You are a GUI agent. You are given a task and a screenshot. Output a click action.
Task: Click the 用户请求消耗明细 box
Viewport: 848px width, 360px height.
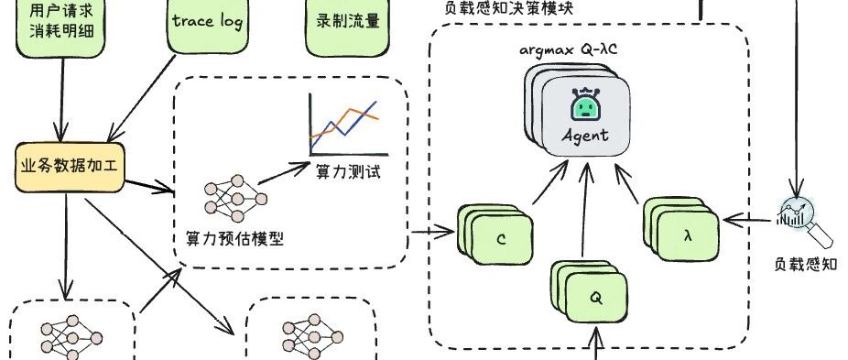point(60,27)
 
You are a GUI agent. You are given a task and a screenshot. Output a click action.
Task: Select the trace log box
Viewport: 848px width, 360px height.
point(207,25)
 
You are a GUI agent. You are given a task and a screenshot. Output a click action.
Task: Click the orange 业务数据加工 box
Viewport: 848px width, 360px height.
point(70,167)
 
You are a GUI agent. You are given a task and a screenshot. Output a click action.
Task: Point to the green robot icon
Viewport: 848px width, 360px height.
point(586,104)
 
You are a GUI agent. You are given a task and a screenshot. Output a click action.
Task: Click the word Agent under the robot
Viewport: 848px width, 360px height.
point(585,136)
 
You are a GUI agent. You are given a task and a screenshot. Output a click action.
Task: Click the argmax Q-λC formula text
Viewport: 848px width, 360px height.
point(569,50)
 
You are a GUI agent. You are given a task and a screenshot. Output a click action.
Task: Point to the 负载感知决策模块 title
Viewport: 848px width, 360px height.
point(508,9)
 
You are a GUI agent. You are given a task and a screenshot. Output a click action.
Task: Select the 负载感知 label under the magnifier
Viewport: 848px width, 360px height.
point(806,265)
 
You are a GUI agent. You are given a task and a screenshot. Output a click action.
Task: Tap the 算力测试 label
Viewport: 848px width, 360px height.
point(349,172)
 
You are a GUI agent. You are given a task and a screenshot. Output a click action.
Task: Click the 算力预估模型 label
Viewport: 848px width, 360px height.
point(234,238)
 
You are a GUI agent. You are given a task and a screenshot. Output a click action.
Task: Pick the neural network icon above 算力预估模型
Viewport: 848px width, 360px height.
point(235,198)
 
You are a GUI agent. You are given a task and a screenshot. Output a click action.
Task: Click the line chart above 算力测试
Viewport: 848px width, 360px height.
point(349,125)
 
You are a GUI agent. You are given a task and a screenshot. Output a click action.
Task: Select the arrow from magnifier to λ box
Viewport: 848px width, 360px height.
point(747,220)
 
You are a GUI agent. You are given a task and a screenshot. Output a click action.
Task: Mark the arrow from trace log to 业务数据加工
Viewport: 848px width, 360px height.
point(142,98)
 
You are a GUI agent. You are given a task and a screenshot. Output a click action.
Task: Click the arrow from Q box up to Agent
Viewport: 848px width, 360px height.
point(585,210)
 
